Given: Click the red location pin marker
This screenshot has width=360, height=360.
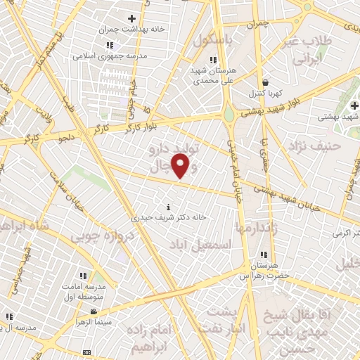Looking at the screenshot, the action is tap(181, 167).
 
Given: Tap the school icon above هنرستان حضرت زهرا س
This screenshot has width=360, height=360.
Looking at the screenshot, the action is tap(264, 255).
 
